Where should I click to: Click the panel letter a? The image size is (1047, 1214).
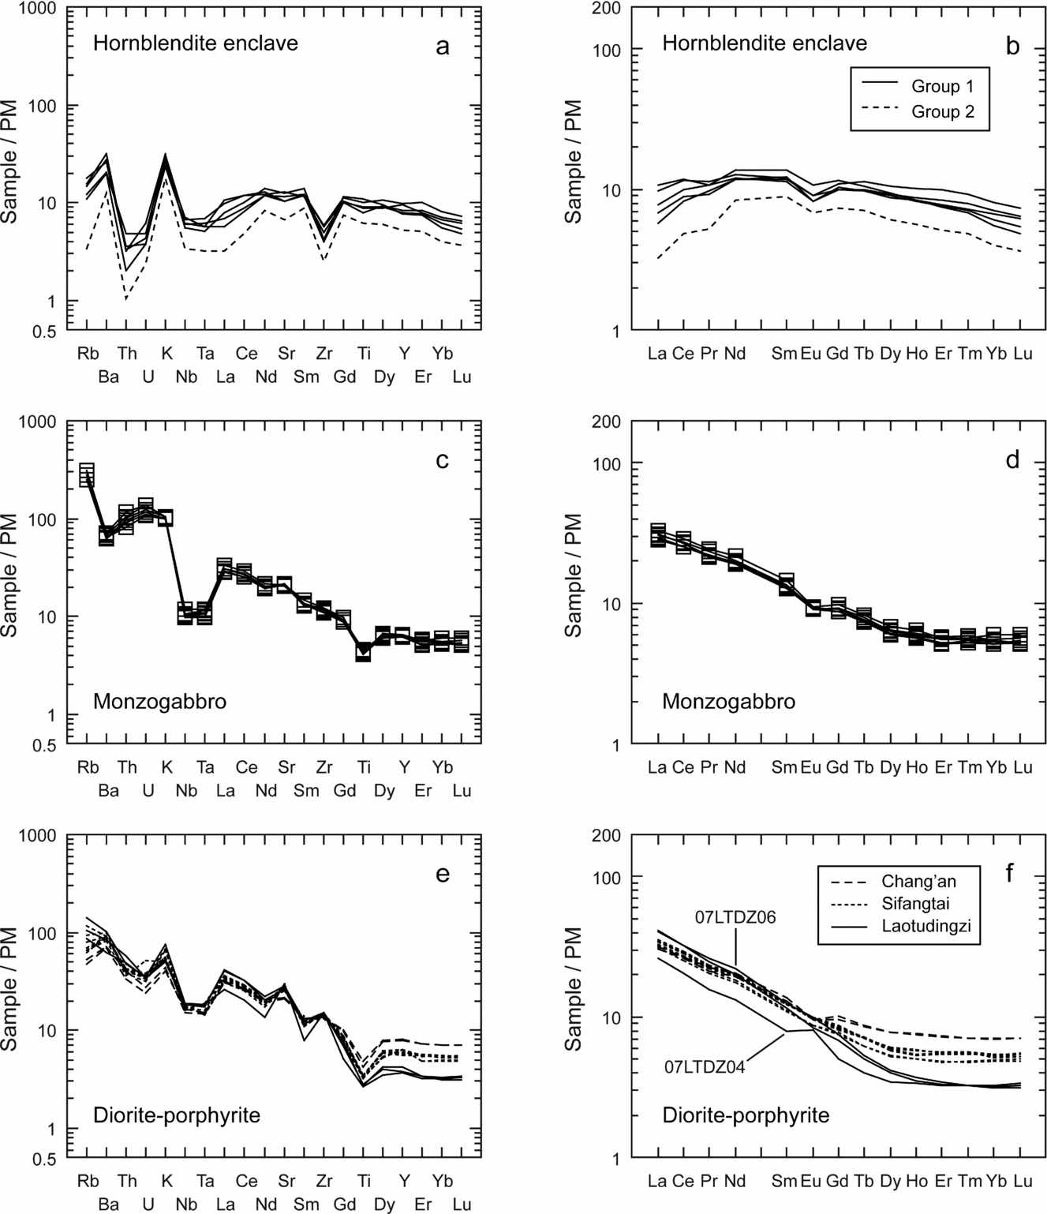pyautogui.click(x=442, y=47)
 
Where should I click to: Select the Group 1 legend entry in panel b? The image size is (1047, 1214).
pyautogui.click(x=942, y=86)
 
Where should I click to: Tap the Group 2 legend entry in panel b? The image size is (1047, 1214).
pyautogui.click(x=942, y=111)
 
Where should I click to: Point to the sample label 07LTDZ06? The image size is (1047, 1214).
pyautogui.click(x=735, y=917)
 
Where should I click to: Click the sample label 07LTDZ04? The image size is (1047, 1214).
pyautogui.click(x=705, y=1066)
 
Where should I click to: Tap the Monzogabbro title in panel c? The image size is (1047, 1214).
pyautogui.click(x=159, y=701)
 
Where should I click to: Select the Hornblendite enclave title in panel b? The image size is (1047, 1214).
pyautogui.click(x=764, y=43)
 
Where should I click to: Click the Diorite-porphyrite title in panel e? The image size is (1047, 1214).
pyautogui.click(x=177, y=1115)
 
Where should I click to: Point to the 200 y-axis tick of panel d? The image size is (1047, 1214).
pyautogui.click(x=611, y=422)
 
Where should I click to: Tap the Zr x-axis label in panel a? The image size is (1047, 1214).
pyautogui.click(x=324, y=353)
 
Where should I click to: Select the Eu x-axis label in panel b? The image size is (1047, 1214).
pyautogui.click(x=810, y=353)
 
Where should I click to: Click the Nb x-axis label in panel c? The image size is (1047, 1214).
pyautogui.click(x=186, y=791)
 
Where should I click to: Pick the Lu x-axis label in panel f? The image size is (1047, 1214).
pyautogui.click(x=1023, y=1181)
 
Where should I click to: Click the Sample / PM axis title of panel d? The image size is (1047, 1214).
pyautogui.click(x=574, y=575)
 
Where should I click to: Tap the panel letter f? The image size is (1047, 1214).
pyautogui.click(x=1012, y=874)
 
